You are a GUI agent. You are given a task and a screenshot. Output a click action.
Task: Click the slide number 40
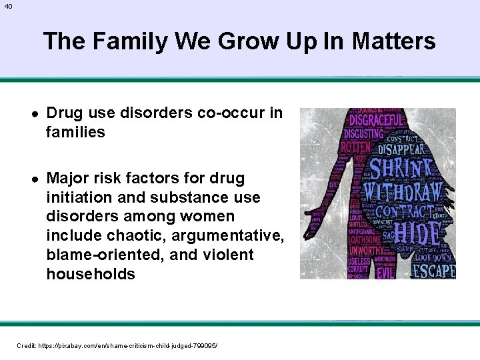click(7, 6)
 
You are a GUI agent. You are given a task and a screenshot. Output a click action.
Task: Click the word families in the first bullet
click(75, 132)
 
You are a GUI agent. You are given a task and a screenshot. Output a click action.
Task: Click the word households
click(90, 273)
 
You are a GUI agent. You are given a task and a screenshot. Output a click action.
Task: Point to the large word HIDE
click(417, 234)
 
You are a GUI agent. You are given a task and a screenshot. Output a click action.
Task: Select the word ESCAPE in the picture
click(433, 271)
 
